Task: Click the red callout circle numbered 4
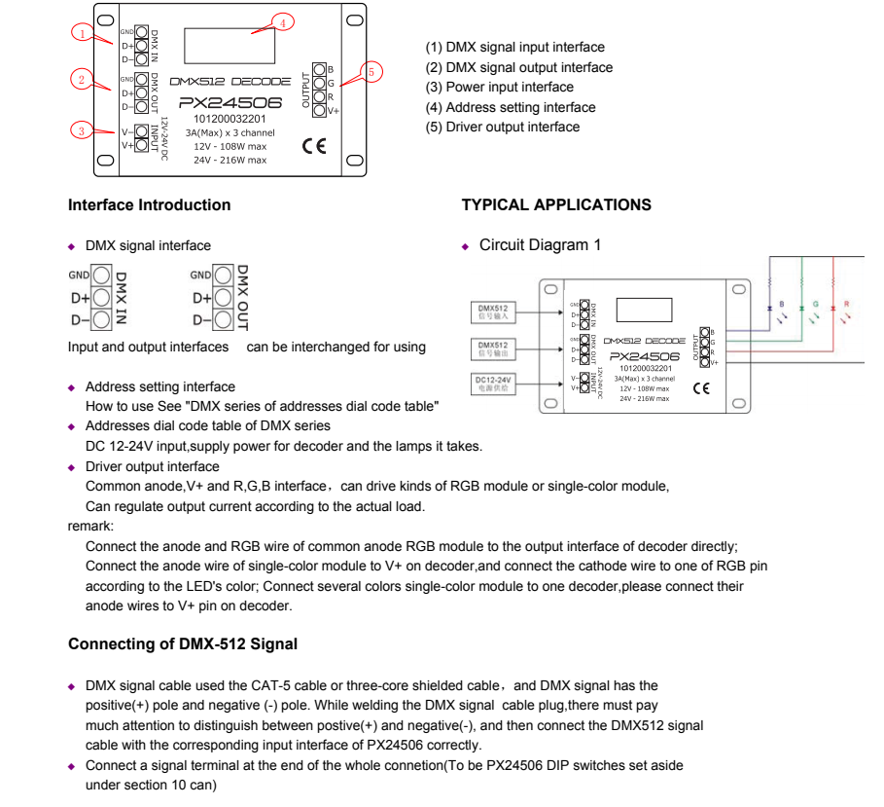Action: tap(281, 22)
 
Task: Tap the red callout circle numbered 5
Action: tap(371, 71)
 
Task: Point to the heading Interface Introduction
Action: tap(149, 205)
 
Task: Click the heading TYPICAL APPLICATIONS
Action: tap(556, 205)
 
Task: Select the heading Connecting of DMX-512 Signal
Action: tap(183, 644)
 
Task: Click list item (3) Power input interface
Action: tap(500, 88)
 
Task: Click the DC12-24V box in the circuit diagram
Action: tap(494, 383)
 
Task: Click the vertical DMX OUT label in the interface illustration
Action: tap(242, 296)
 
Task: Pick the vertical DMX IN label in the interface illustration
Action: tap(122, 297)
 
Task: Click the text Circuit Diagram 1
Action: tap(540, 245)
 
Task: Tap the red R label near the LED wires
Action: tap(846, 305)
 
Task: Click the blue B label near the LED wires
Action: tap(783, 305)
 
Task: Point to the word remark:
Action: tap(90, 526)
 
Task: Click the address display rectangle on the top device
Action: tap(230, 42)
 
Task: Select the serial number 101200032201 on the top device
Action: tap(230, 119)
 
